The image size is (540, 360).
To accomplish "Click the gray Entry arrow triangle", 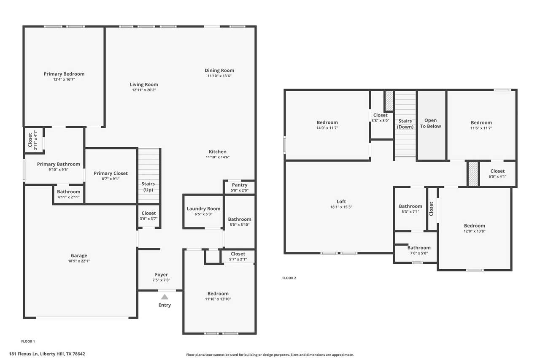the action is (x=165, y=297).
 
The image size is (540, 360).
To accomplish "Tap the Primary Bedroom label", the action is (x=64, y=74).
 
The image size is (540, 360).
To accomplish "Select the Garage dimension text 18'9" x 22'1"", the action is (x=79, y=261).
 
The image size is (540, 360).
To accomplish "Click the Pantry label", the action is (x=240, y=185).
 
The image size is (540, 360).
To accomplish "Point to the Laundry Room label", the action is (x=203, y=208).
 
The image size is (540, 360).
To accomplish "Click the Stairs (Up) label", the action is (x=148, y=187).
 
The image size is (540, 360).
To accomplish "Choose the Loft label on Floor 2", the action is (x=341, y=201).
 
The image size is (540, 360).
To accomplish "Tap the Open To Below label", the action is (x=431, y=123).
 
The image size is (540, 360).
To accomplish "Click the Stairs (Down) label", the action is (x=405, y=124).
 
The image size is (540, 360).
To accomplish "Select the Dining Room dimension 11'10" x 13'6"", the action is (x=219, y=76).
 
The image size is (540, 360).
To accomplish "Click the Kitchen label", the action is (x=217, y=152).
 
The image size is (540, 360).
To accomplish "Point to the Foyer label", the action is (x=161, y=275).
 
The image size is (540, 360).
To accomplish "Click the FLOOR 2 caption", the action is (x=289, y=278).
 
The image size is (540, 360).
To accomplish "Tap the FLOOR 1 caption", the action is (x=28, y=341).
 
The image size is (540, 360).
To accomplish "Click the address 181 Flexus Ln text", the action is (x=24, y=354).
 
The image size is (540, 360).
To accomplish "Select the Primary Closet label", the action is (x=111, y=173).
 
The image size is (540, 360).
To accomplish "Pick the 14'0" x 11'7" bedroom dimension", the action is (x=327, y=128).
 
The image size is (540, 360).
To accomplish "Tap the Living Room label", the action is (x=144, y=85).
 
